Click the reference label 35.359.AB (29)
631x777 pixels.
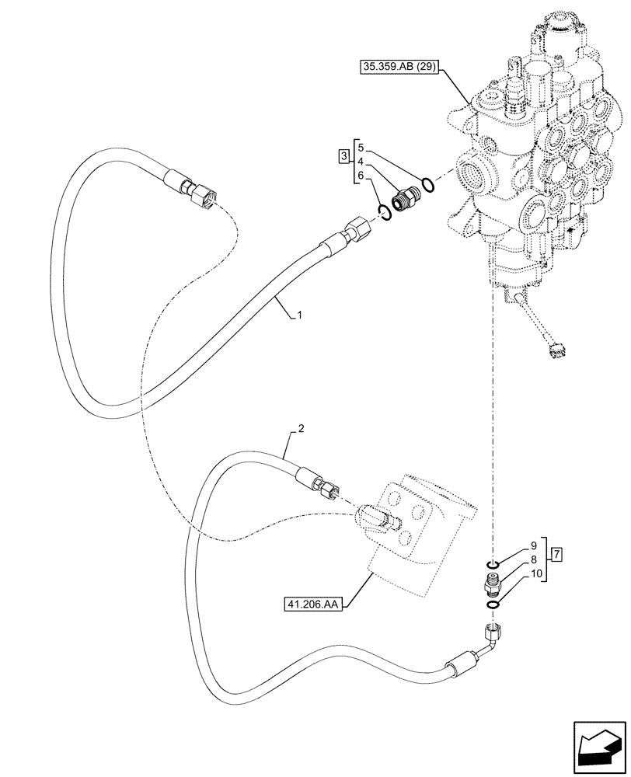(399, 68)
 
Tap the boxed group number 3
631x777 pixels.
(343, 159)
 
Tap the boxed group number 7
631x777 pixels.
(557, 554)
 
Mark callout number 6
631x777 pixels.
(359, 176)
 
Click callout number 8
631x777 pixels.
(533, 559)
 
